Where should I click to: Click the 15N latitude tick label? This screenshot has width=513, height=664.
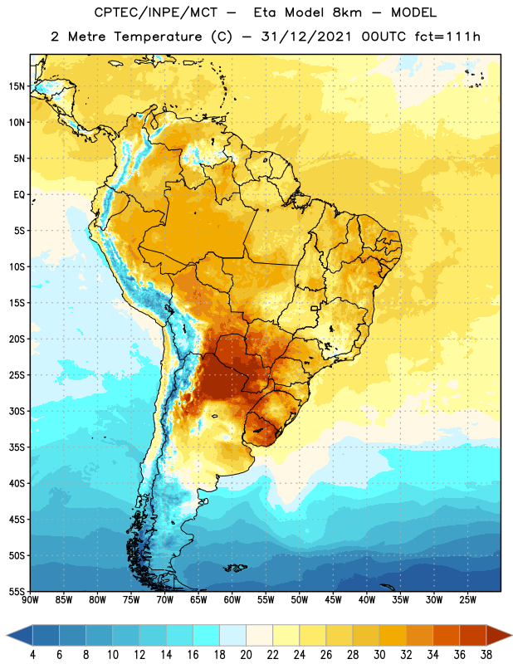coord(17,86)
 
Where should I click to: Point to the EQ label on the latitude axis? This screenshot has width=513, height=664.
coord(19,195)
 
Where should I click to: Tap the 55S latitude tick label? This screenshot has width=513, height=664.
coord(17,592)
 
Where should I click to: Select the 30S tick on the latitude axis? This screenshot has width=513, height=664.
coord(17,411)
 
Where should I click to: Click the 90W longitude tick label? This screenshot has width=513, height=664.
coord(31,600)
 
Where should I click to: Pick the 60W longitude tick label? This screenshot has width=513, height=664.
coord(232,600)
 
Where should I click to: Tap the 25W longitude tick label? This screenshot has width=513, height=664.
coord(467,600)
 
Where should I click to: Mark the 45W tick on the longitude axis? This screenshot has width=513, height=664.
coord(334,600)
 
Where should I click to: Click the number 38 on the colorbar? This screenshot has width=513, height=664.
coord(486,655)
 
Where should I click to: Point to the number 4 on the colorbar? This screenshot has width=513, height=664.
coord(32,655)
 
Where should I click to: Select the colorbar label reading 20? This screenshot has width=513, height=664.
coord(246,655)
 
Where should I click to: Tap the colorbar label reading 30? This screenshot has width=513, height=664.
coord(379,655)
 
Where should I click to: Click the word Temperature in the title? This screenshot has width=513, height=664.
coord(158,37)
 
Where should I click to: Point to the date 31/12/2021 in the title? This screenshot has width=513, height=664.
coord(306,37)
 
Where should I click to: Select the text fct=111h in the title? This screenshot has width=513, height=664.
coord(447,37)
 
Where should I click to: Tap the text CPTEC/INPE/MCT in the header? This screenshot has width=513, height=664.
coord(155,12)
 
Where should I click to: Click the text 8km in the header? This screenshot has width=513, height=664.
coord(347,12)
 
